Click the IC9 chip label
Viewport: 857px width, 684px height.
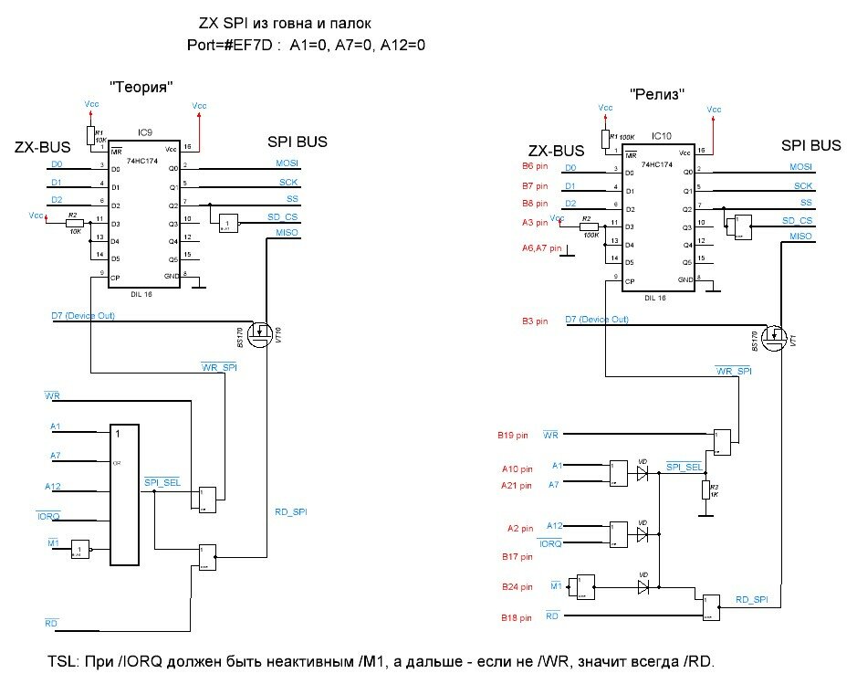tap(145, 133)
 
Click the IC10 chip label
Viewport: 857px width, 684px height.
tap(662, 136)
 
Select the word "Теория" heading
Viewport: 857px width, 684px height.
tap(141, 87)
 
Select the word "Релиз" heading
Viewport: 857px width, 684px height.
tap(657, 94)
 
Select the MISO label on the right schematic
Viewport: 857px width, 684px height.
tap(800, 237)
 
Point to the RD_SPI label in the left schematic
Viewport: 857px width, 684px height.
tap(290, 513)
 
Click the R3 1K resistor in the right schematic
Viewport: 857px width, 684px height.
tap(705, 490)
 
